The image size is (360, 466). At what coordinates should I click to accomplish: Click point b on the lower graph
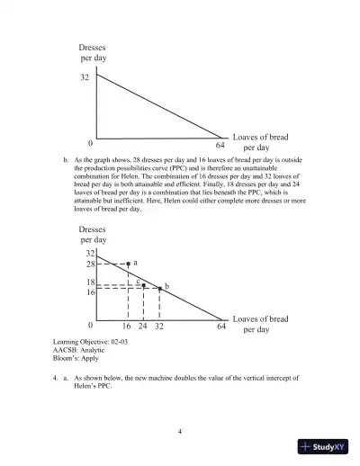pos(159,288)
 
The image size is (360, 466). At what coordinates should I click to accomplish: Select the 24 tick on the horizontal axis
pos(144,327)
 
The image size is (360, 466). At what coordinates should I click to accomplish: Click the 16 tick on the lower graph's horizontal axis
pos(127,327)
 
